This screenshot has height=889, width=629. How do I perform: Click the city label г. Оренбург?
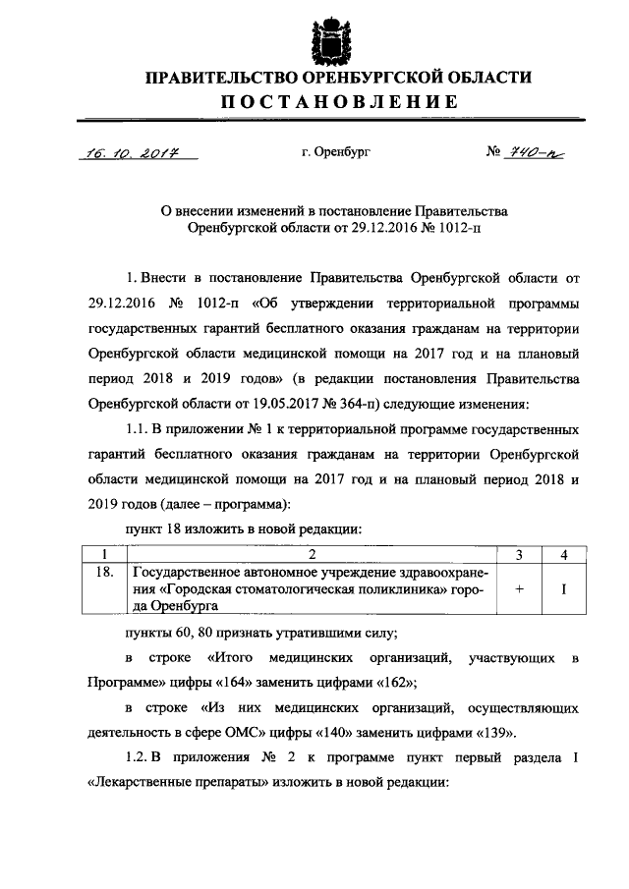[x=337, y=153]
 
